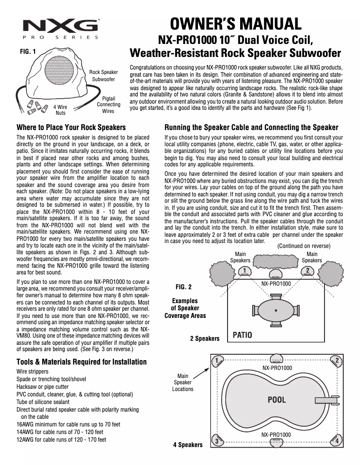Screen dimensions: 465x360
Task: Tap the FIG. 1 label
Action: point(28,52)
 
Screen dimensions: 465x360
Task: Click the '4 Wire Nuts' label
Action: point(61,110)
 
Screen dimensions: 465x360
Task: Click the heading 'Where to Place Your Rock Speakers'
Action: point(71,127)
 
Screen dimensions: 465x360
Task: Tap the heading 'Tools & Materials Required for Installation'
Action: point(81,362)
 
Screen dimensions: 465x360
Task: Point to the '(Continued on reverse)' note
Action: point(304,246)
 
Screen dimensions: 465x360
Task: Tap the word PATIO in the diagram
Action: point(242,335)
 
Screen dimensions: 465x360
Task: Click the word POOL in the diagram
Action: point(277,400)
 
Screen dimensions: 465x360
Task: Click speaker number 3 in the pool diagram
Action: point(218,441)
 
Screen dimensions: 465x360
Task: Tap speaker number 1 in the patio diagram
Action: point(244,271)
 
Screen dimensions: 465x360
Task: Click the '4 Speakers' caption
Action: point(188,445)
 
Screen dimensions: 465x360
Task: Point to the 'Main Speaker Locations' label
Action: point(183,382)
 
